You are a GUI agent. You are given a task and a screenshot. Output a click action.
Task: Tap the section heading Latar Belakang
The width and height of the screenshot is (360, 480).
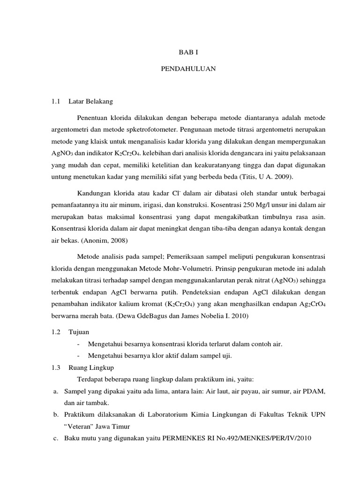[90, 101]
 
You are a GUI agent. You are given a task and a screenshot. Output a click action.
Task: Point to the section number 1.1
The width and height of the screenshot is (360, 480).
[57, 101]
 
